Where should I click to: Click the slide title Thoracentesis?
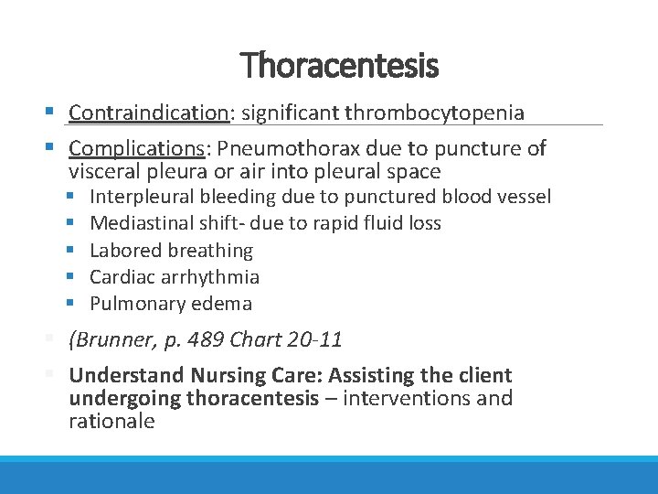pyautogui.click(x=339, y=65)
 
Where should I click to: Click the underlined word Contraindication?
pyautogui.click(x=147, y=113)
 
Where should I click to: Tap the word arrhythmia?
pyautogui.click(x=214, y=276)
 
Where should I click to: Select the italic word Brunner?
pyautogui.click(x=113, y=340)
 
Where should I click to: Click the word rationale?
pyautogui.click(x=111, y=422)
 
